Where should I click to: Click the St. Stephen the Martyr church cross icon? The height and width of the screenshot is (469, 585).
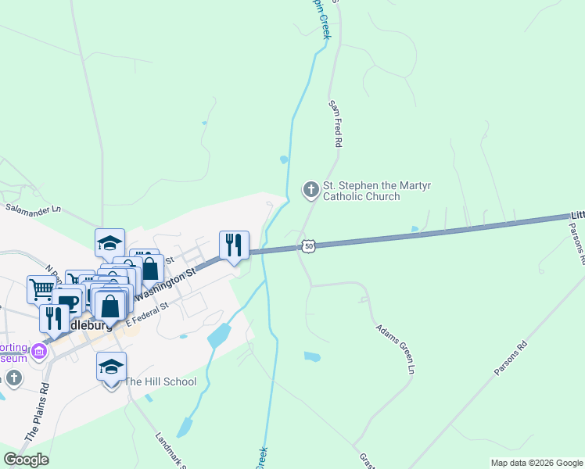[310, 189]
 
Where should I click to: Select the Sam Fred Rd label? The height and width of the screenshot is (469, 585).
[336, 124]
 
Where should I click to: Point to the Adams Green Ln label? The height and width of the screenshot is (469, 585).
[393, 349]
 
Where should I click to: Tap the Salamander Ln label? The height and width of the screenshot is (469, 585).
[33, 209]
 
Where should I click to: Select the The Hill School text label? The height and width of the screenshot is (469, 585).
[160, 381]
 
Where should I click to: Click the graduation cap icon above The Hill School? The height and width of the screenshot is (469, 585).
[111, 366]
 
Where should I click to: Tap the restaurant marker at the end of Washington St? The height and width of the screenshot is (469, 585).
[234, 245]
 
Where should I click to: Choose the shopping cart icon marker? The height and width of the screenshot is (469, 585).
[41, 289]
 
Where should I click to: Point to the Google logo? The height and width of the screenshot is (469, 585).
[26, 460]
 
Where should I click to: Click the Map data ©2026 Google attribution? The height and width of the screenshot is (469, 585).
[537, 463]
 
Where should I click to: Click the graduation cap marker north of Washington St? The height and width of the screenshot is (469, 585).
[109, 242]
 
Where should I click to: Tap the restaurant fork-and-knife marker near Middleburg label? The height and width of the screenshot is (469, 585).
[54, 318]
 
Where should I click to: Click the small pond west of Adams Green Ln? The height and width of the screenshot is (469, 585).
[312, 356]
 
